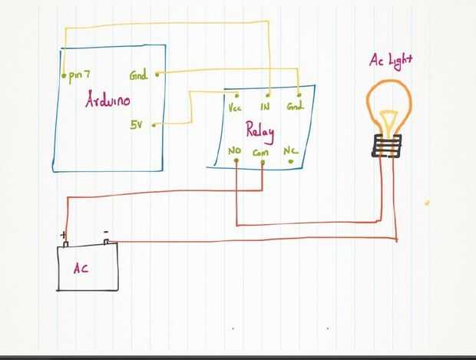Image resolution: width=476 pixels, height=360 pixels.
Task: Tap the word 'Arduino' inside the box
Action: pos(107,100)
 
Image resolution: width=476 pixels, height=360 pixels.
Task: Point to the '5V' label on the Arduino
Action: pos(136,124)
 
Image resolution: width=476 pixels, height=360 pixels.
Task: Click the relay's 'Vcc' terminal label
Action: pos(236,107)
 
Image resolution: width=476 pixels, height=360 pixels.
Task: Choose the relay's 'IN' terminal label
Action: pos(265,107)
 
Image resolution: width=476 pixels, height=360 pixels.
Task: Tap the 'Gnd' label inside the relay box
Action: pos(296,107)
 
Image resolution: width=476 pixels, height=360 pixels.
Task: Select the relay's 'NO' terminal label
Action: pos(235,152)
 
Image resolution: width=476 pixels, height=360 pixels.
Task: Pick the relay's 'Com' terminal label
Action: pos(260,153)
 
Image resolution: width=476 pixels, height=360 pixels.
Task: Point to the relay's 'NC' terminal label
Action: pos(290,152)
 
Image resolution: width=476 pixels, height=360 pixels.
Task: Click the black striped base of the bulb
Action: pos(388,145)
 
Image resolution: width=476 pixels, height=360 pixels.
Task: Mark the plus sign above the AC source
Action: pos(62,235)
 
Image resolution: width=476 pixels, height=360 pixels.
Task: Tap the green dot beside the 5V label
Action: pos(155,124)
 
